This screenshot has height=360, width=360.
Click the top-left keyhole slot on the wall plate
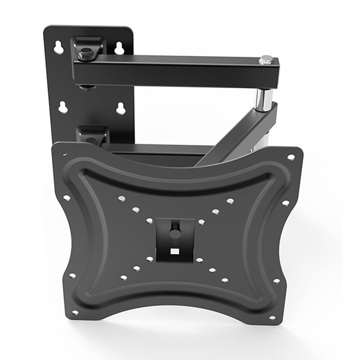[x=59, y=48]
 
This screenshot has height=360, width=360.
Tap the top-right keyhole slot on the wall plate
[x=119, y=48]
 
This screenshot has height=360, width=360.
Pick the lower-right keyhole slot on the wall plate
[x=121, y=108]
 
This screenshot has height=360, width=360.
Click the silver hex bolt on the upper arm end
[x=266, y=60]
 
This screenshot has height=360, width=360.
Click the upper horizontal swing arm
[x=173, y=70]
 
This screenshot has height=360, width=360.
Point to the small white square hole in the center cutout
[x=175, y=251]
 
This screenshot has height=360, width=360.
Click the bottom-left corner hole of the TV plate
[x=75, y=312]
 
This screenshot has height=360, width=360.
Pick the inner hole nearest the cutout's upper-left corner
[x=149, y=221]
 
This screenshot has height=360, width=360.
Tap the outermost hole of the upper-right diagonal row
[x=230, y=201]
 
